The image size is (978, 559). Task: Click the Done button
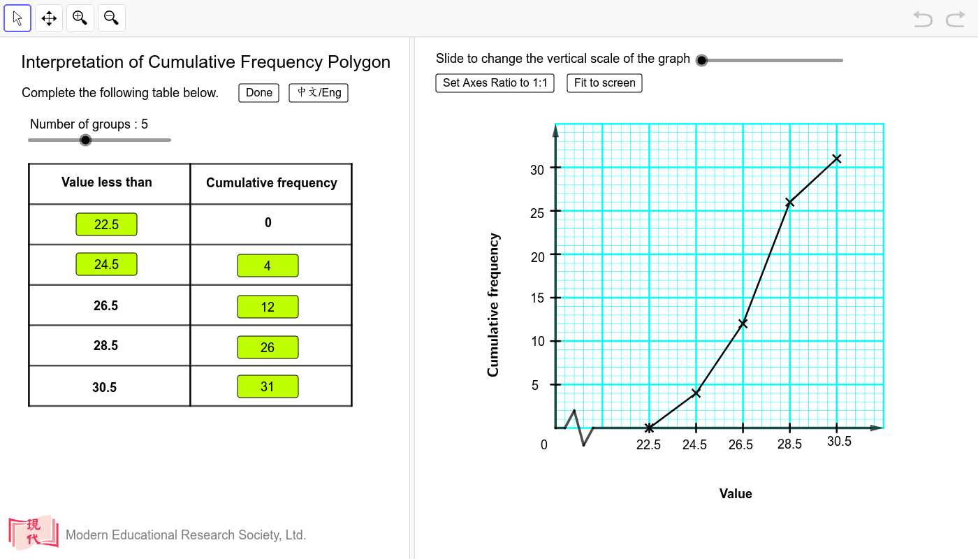click(258, 93)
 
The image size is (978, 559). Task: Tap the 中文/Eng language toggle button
click(319, 93)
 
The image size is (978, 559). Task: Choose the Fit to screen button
click(604, 83)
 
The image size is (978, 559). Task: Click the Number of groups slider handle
click(85, 140)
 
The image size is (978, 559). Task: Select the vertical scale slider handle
click(702, 60)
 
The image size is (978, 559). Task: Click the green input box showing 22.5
click(106, 224)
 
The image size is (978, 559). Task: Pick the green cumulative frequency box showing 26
click(268, 347)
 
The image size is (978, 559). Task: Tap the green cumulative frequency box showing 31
click(268, 386)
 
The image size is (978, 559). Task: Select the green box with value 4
click(268, 266)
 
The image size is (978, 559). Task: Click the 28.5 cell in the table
click(106, 346)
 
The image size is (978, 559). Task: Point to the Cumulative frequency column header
click(271, 183)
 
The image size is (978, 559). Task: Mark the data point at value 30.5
click(836, 159)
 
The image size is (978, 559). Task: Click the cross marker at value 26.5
click(743, 324)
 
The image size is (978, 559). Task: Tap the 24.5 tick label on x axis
click(694, 445)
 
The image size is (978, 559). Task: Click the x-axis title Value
click(736, 494)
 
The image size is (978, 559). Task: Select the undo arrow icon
click(923, 19)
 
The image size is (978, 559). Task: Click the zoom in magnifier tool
click(80, 18)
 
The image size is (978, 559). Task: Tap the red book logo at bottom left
click(33, 533)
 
